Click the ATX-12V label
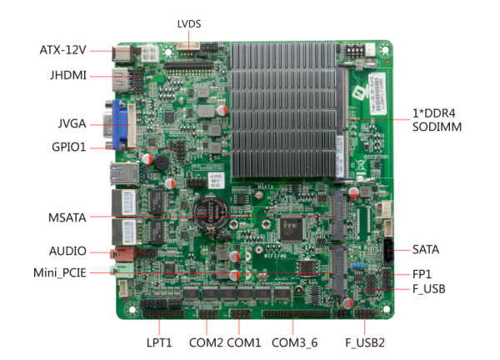pos(62,51)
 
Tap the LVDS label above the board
pos(189,24)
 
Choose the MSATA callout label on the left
pos(69,218)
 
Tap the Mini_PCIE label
pos(59,272)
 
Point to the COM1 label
pos(244,342)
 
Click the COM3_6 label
pos(295,342)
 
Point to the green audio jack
pos(121,271)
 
